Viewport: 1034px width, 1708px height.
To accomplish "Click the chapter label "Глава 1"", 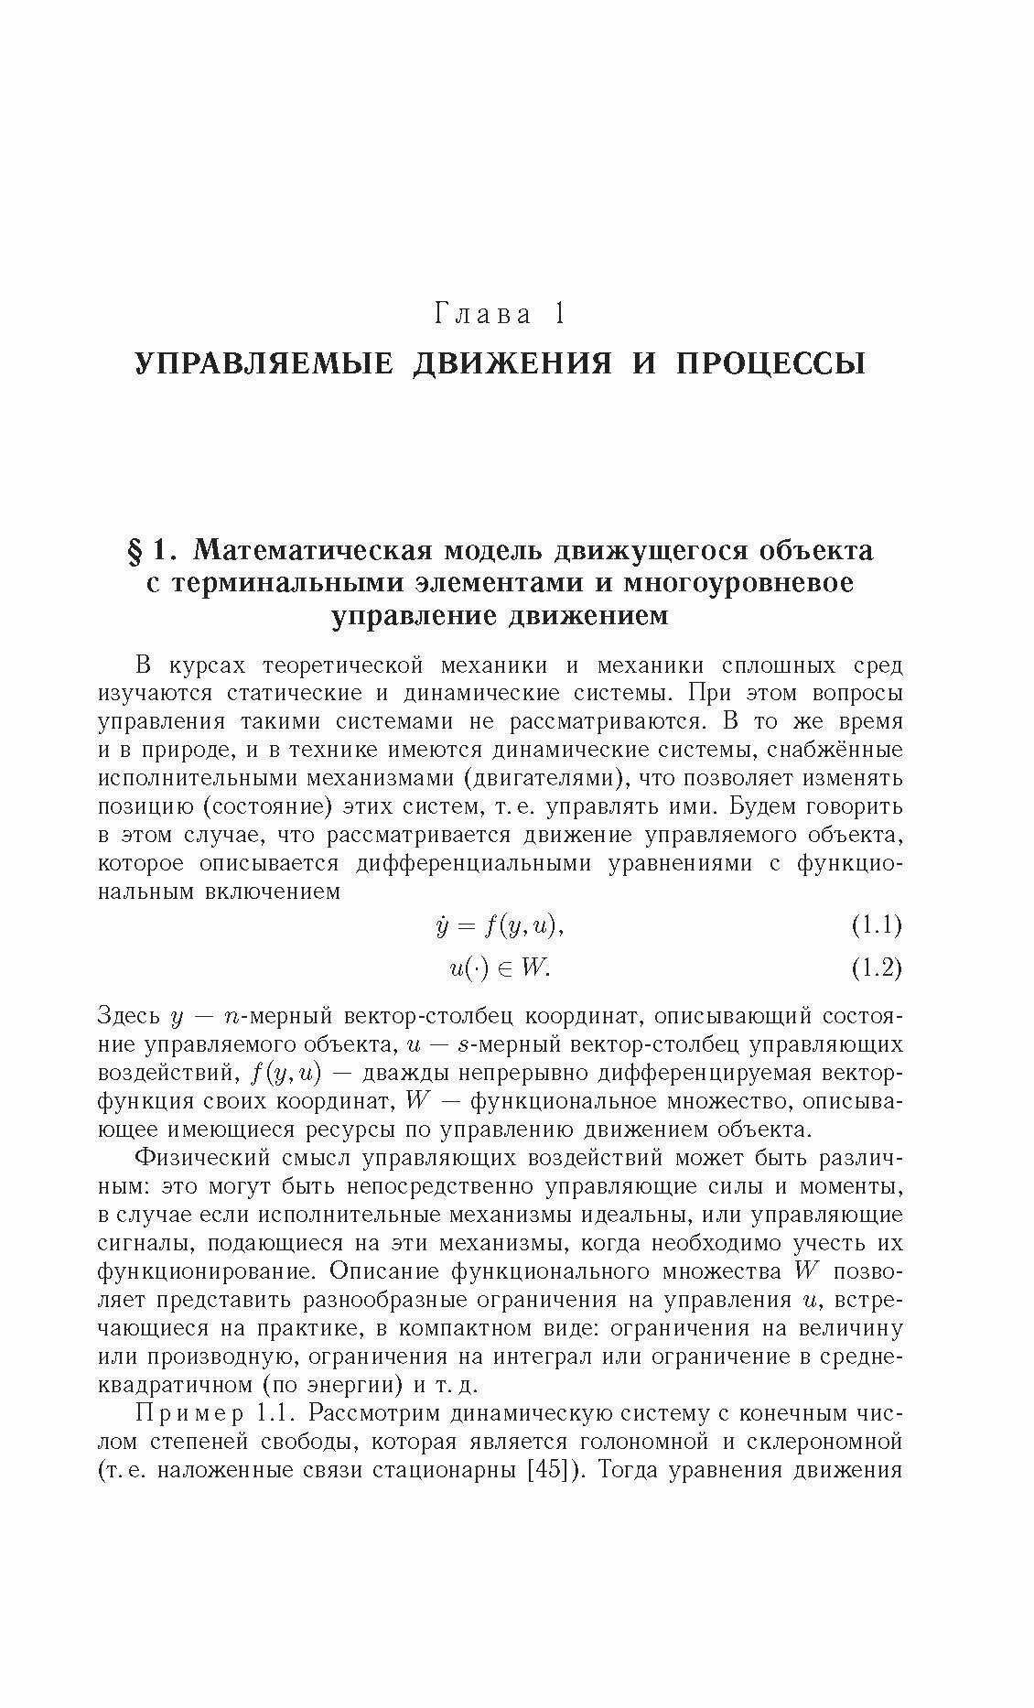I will [x=498, y=316].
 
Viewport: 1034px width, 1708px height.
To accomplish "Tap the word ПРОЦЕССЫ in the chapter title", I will [x=770, y=363].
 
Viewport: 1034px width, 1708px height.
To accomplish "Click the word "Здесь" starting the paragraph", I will [x=129, y=1015].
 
